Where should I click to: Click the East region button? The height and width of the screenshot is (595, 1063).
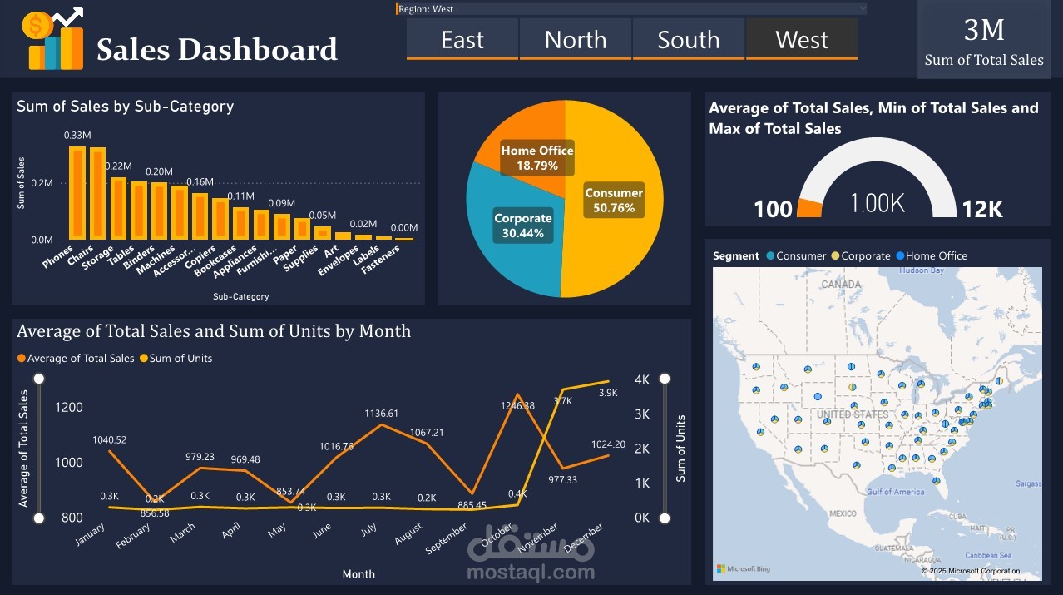(x=462, y=40)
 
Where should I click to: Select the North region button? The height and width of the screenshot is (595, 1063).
(x=576, y=40)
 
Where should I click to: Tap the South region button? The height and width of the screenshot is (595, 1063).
(x=689, y=40)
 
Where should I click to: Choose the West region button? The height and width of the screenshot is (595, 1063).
(x=802, y=40)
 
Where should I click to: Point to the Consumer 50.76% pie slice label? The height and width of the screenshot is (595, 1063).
(x=614, y=201)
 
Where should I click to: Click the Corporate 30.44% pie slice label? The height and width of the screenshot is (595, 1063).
(x=523, y=226)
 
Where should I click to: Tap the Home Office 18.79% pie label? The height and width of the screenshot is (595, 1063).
(x=537, y=158)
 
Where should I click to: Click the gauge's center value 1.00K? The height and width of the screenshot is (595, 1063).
(x=877, y=203)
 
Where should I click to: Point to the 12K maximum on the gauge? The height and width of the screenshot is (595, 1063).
(x=982, y=209)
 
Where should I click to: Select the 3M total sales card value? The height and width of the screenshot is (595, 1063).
(x=984, y=30)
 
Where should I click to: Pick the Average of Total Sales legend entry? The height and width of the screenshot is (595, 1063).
(x=81, y=359)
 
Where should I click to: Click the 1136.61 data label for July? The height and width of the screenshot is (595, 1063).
(x=381, y=414)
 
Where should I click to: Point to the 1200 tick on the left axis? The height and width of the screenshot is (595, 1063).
(x=69, y=407)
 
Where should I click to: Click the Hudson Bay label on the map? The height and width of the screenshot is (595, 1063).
(x=922, y=270)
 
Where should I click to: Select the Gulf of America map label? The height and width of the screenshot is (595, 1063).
(x=895, y=492)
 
